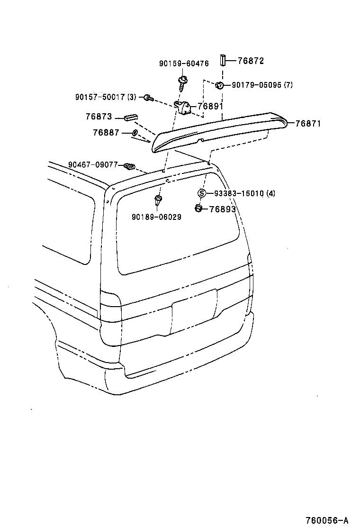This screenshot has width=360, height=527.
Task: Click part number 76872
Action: (251, 61)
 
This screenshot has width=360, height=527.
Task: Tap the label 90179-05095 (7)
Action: (262, 85)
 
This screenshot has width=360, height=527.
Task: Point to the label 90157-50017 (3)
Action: (106, 97)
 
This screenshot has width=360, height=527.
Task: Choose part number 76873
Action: (99, 117)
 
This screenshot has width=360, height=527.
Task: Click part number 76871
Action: (308, 124)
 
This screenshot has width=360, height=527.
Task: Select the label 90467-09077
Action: (92, 165)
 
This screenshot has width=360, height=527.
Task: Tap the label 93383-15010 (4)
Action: (244, 193)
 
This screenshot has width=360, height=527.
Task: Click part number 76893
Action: (222, 209)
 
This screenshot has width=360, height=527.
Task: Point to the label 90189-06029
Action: (156, 217)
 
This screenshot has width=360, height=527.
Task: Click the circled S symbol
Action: (201, 193)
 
